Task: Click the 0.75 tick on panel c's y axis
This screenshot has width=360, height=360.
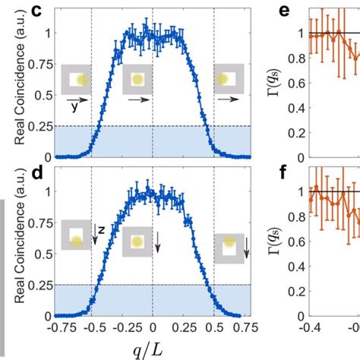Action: point(39,64)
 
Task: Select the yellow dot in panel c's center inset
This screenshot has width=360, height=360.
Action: point(138,79)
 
